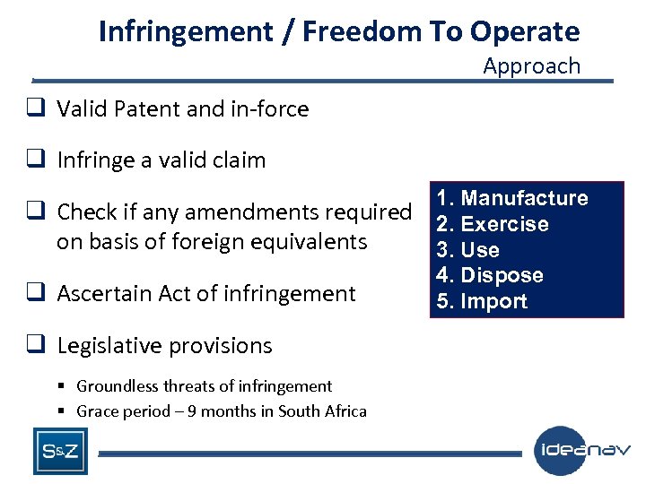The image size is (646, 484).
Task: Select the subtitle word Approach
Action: (531, 65)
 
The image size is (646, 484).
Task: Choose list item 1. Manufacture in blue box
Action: (512, 198)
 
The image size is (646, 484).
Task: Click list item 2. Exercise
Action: (492, 224)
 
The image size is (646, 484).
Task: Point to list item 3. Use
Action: (467, 250)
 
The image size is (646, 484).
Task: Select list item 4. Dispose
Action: (490, 275)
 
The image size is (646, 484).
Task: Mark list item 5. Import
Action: (482, 301)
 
